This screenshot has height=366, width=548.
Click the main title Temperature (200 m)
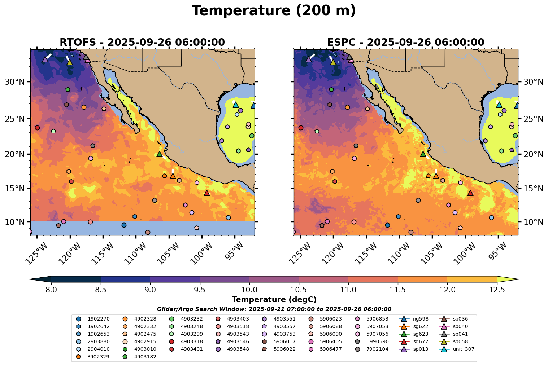click(274, 11)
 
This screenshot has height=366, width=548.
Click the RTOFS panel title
click(142, 43)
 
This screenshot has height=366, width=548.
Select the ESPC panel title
click(405, 43)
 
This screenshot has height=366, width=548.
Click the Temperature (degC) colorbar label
click(274, 300)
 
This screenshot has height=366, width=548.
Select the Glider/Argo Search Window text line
click(274, 309)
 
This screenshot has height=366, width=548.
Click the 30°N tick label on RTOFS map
click(15, 82)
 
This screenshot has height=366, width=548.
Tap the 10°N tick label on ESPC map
click(533, 222)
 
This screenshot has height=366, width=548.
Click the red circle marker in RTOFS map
click(37, 128)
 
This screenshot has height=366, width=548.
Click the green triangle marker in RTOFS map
click(159, 154)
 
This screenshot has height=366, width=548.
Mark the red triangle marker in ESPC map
click(470, 193)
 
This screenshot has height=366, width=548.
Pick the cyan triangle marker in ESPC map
click(499, 105)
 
